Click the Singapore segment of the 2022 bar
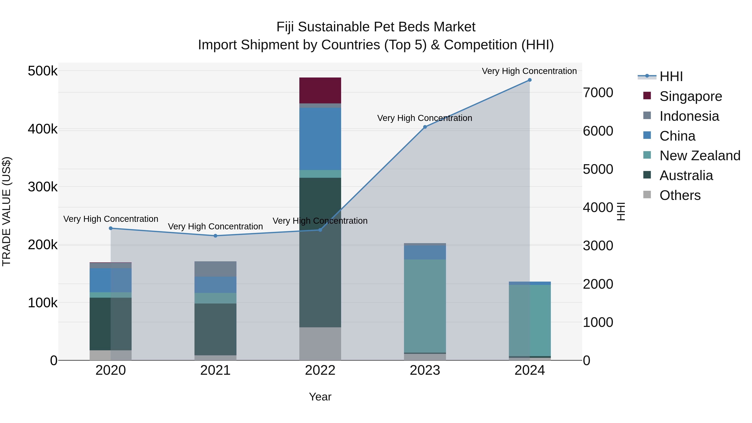pos(320,90)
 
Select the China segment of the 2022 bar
pos(320,139)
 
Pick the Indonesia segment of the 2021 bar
pos(215,269)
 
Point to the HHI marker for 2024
pos(530,80)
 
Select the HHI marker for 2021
pos(215,236)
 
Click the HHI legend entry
pos(671,76)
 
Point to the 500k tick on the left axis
pos(43,71)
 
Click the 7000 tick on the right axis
pos(598,93)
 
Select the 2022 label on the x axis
pos(320,370)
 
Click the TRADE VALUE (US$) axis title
pos(6,211)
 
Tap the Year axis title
pos(320,397)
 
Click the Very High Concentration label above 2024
pos(529,71)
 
